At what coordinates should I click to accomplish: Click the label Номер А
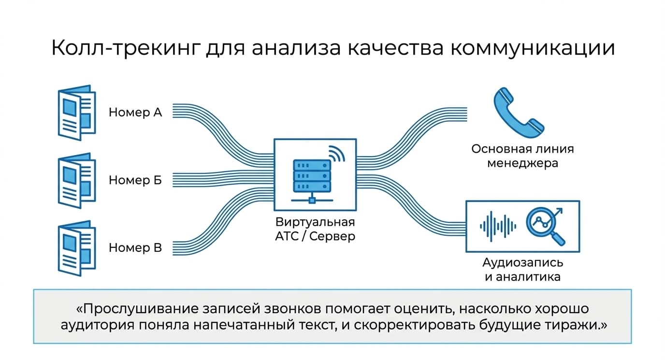pyautogui.click(x=135, y=112)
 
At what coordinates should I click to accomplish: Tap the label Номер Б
pyautogui.click(x=135, y=180)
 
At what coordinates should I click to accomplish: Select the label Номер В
pyautogui.click(x=135, y=247)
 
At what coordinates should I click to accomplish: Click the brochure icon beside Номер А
pyautogui.click(x=76, y=113)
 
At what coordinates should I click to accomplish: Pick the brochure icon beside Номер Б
pyautogui.click(x=76, y=180)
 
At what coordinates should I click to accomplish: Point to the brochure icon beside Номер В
pyautogui.click(x=76, y=248)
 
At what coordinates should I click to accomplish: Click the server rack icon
pyautogui.click(x=312, y=181)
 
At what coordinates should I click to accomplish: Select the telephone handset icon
pyautogui.click(x=519, y=113)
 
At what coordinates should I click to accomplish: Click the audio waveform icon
pyautogui.click(x=498, y=226)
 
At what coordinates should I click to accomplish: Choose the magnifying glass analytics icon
pyautogui.click(x=545, y=226)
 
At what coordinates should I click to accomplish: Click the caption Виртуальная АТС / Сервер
pyautogui.click(x=315, y=229)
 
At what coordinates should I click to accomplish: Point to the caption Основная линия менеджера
pyautogui.click(x=522, y=156)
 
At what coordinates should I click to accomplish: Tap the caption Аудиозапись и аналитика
pyautogui.click(x=522, y=270)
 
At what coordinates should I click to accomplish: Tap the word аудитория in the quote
pyautogui.click(x=97, y=325)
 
